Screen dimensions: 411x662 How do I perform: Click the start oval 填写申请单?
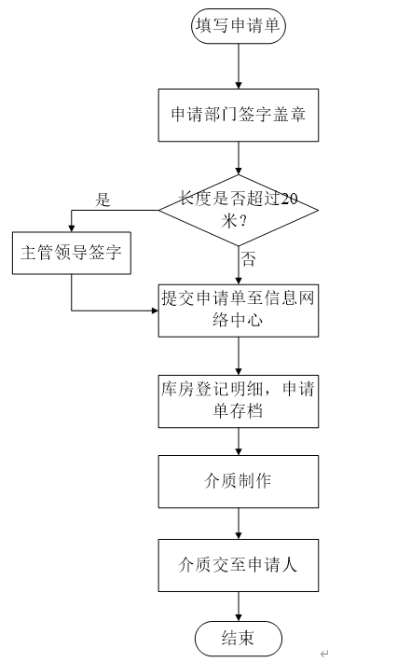(x=239, y=26)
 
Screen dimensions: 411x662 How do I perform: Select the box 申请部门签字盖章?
(x=239, y=115)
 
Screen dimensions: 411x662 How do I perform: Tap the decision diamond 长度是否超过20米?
(x=239, y=210)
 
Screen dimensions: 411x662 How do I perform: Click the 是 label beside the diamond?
(x=103, y=200)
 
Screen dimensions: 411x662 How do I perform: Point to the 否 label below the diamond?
(x=248, y=259)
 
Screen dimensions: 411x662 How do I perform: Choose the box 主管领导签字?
(x=72, y=253)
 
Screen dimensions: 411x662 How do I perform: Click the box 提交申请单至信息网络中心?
(x=239, y=310)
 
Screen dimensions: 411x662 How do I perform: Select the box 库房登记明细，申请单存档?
(x=239, y=401)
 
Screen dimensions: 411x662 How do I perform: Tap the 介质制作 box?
(x=239, y=481)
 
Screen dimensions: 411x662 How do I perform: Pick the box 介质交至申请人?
(x=239, y=565)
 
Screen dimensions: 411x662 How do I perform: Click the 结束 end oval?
(x=239, y=638)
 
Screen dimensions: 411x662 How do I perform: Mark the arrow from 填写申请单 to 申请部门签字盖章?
(x=239, y=66)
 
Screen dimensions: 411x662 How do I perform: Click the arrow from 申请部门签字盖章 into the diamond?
(x=239, y=158)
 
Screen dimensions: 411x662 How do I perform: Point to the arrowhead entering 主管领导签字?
(x=72, y=228)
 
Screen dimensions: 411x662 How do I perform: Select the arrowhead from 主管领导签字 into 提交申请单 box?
(x=155, y=310)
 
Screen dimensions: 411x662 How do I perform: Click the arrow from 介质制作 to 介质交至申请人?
(x=239, y=523)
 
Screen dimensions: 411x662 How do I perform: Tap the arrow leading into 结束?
(x=239, y=606)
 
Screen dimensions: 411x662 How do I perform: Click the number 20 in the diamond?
(x=289, y=199)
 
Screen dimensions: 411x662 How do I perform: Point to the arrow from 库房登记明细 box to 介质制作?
(x=239, y=441)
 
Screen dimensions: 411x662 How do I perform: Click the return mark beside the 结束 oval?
(x=324, y=654)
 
